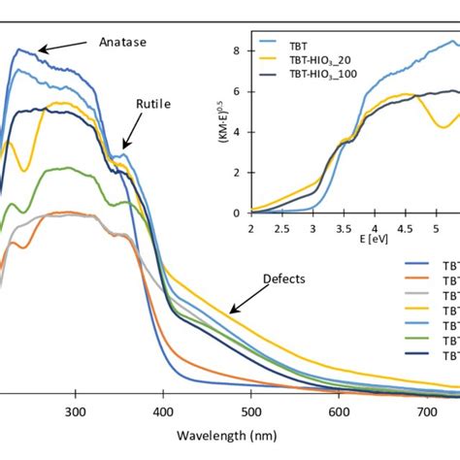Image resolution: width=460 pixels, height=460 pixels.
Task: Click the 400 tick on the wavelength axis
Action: [163, 411]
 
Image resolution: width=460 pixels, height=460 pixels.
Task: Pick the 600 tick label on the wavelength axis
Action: [338, 411]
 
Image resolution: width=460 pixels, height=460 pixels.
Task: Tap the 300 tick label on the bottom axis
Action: [76, 411]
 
